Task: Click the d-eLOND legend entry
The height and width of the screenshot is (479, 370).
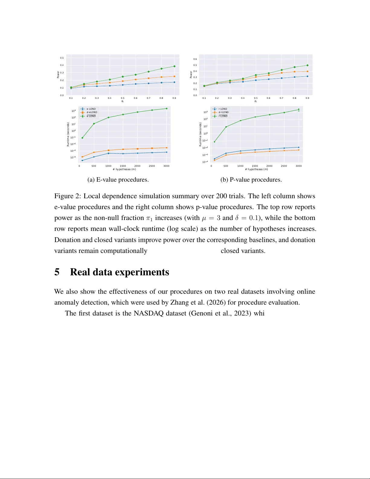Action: click(92, 112)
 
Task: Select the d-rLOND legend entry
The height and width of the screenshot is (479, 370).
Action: click(224, 112)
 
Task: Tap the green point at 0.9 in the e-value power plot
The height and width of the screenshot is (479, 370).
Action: click(174, 66)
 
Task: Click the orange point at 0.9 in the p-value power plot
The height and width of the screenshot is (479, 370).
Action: click(307, 72)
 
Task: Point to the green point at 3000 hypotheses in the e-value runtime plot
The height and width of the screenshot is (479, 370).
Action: click(166, 108)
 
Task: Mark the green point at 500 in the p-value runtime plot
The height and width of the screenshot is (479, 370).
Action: click(226, 127)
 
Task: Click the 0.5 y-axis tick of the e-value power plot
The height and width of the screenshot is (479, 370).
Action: click(62, 58)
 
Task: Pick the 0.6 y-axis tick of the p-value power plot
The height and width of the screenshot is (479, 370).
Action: click(195, 59)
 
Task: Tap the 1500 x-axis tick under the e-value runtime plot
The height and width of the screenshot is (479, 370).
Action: click(123, 166)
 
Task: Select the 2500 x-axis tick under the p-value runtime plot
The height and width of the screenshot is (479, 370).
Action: click(284, 166)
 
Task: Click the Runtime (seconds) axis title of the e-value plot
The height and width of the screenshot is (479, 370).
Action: click(68, 134)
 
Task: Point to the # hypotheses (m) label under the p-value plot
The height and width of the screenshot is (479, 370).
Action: click(256, 169)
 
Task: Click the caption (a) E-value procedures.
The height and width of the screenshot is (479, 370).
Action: click(118, 180)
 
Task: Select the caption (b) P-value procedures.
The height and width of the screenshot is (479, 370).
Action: click(251, 180)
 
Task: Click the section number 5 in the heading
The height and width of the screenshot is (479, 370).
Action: click(57, 272)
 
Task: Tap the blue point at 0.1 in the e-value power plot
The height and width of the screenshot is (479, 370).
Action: click(71, 88)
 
